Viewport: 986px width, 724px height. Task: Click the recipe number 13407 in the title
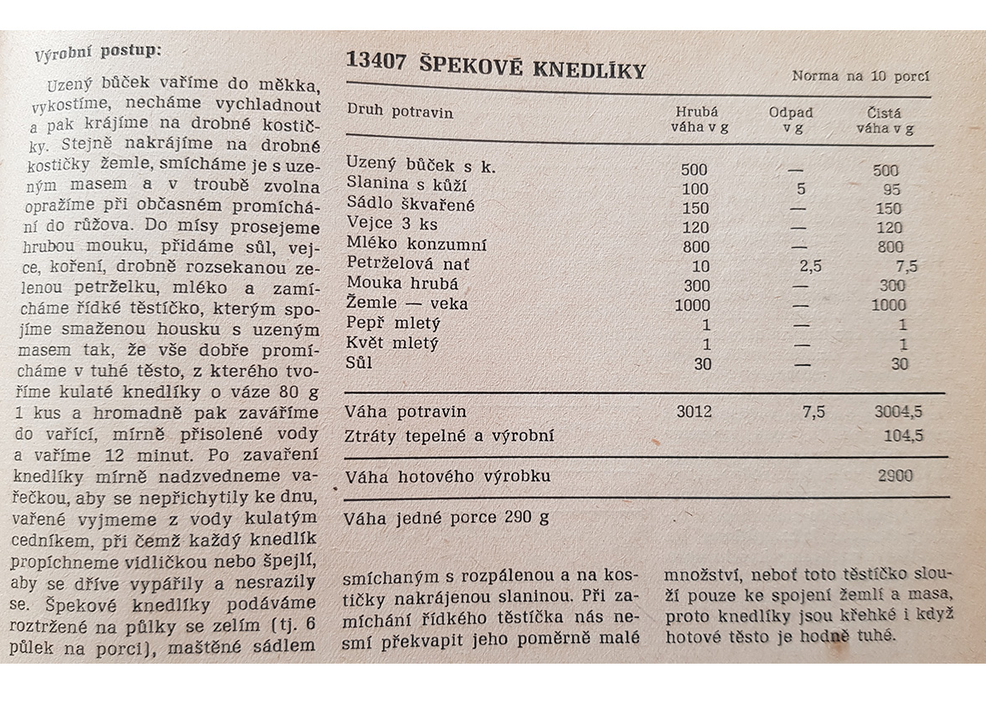coord(371,65)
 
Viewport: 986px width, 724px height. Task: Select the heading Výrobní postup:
coord(98,52)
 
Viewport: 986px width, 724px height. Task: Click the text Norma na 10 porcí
coord(860,76)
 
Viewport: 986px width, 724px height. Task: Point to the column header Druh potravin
coord(400,111)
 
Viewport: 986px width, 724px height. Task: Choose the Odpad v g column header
coord(791,120)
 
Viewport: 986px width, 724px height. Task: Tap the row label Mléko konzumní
coord(416,246)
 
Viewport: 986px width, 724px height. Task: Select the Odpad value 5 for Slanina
coord(801,189)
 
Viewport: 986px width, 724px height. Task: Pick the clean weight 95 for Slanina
coord(890,189)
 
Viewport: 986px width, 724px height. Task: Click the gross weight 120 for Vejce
coord(694,228)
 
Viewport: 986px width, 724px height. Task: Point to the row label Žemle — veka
coord(407,303)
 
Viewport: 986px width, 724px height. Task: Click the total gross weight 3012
coord(693,411)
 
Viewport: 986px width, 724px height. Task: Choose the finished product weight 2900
coord(895,475)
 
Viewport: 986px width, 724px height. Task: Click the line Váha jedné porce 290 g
coord(447,517)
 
